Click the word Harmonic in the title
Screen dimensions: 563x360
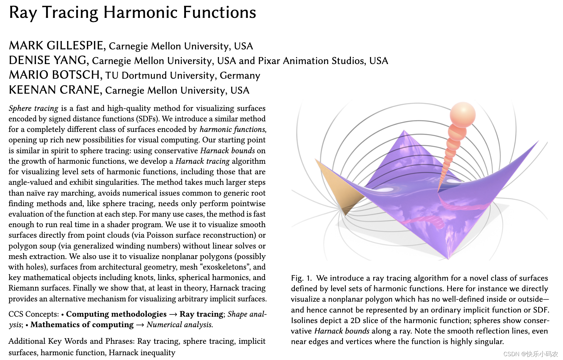point(140,13)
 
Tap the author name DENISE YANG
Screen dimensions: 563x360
point(48,61)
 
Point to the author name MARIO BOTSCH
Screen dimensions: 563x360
point(55,75)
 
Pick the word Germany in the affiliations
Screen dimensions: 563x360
point(240,76)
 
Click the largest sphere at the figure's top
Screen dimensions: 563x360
point(462,114)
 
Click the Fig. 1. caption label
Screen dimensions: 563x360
point(301,278)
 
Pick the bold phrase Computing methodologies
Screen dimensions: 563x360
point(116,314)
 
